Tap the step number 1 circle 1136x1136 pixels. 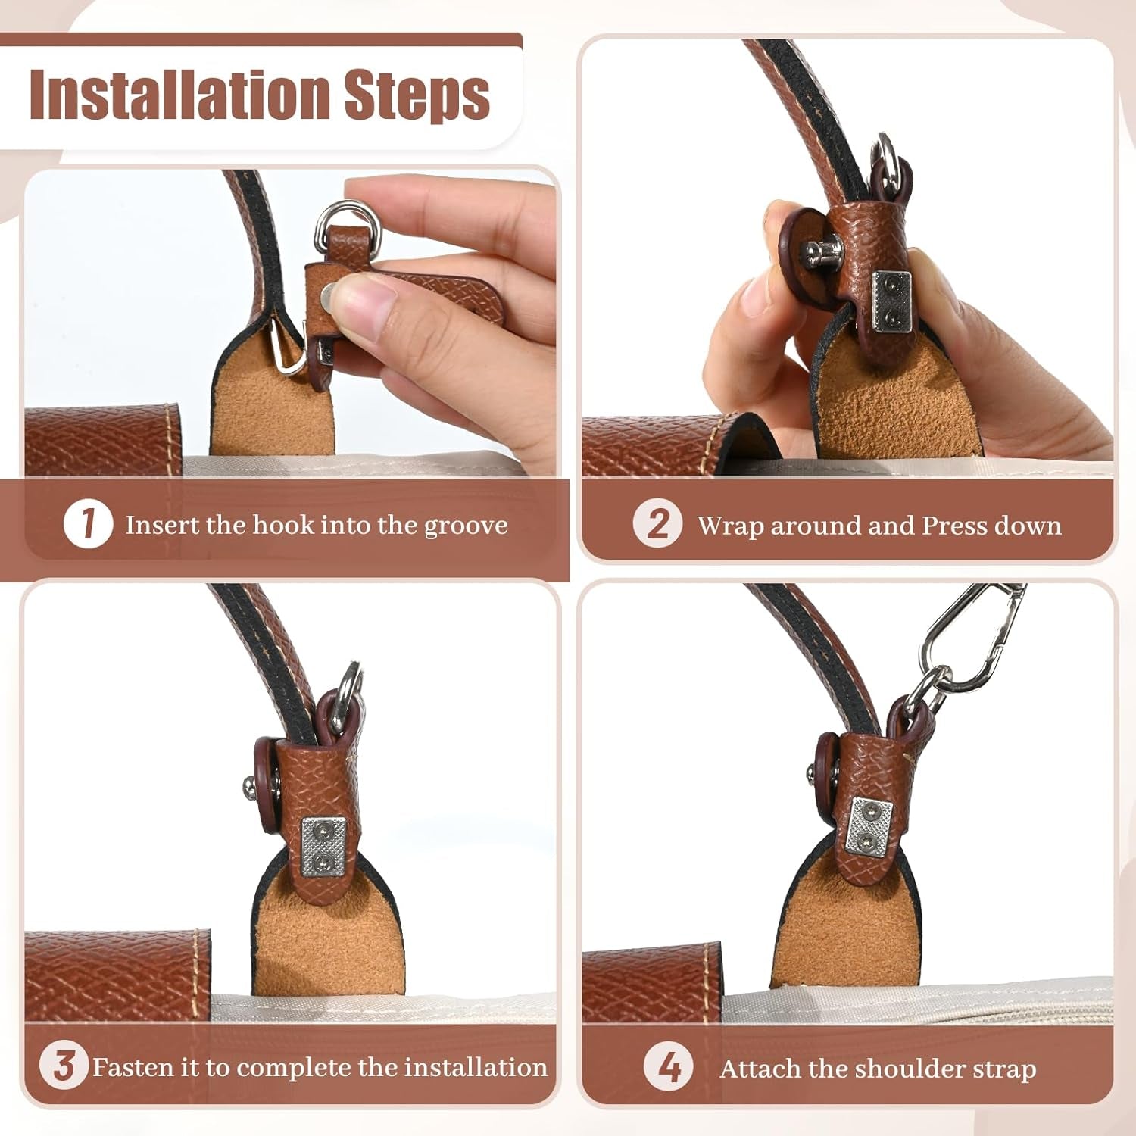point(88,525)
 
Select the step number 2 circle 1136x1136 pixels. point(657,524)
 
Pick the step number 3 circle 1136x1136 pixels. point(64,1066)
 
